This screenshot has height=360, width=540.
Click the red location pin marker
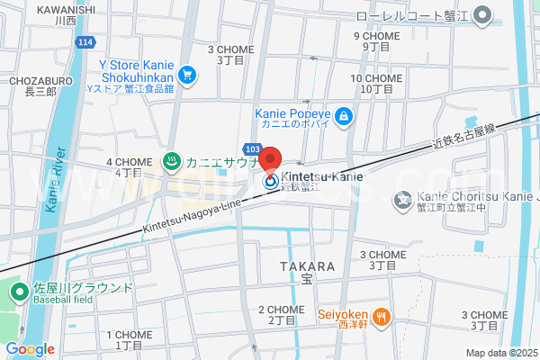coord(270,160)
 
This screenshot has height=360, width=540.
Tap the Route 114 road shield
coord(85,42)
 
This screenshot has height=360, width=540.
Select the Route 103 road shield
coord(252,148)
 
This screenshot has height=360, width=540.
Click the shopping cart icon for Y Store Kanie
coord(187,74)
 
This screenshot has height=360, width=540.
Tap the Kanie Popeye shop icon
coord(343,115)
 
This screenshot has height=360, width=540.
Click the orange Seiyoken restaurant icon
coord(382,315)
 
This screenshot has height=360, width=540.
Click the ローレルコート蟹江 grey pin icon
coord(483,14)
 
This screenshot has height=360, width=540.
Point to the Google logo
coord(30,349)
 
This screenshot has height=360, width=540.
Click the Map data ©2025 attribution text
coord(501,353)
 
